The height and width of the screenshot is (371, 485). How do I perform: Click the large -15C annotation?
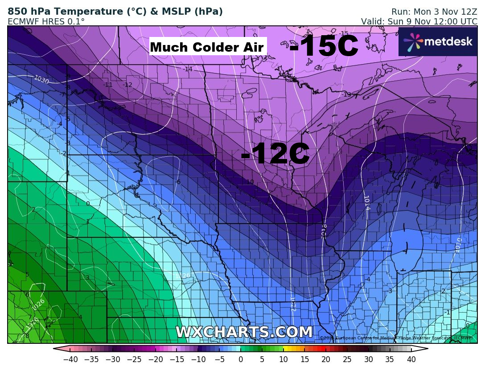click(324, 46)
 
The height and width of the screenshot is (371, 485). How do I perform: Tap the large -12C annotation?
click(275, 155)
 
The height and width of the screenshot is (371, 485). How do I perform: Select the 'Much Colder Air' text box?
click(207, 47)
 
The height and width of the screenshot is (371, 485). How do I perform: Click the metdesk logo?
click(438, 41)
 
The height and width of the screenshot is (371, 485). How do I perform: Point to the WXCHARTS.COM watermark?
click(244, 332)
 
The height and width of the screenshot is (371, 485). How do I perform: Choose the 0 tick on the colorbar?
click(241, 359)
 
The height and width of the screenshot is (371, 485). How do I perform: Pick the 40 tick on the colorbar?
click(411, 359)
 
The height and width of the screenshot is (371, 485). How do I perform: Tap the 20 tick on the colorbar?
click(326, 359)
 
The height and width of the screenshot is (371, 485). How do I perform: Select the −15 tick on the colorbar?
click(177, 359)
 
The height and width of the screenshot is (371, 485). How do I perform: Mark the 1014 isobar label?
click(366, 203)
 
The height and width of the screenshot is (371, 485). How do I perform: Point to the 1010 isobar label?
click(458, 245)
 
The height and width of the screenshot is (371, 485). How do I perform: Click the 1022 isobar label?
click(293, 304)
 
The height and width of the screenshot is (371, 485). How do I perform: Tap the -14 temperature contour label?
click(188, 69)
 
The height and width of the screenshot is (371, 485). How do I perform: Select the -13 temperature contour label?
click(346, 94)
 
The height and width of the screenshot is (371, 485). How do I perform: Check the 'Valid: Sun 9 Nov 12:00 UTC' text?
click(419, 21)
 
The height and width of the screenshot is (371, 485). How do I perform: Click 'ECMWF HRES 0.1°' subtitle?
click(46, 21)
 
